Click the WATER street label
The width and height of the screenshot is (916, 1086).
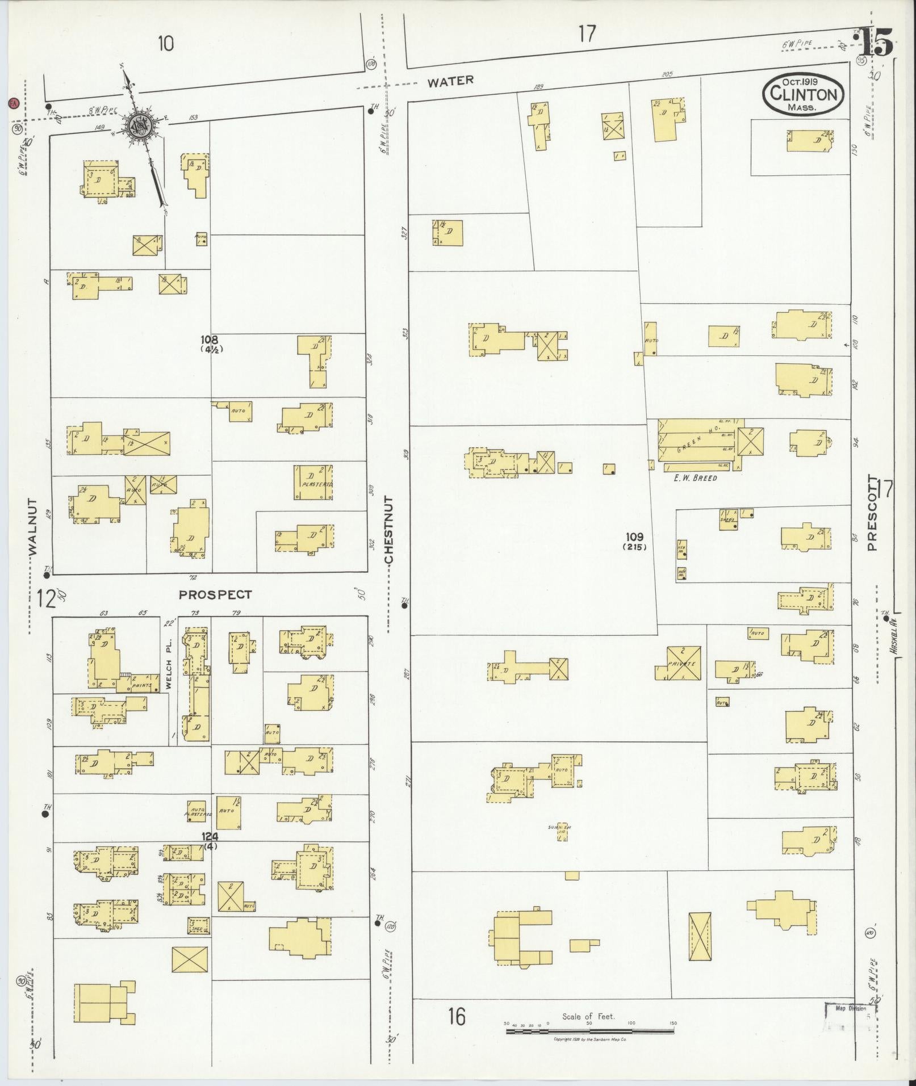pyautogui.click(x=450, y=81)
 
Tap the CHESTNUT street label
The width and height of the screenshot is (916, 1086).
pyautogui.click(x=388, y=530)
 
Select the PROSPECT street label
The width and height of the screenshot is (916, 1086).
pyautogui.click(x=215, y=594)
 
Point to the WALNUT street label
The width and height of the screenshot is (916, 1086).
pyautogui.click(x=33, y=527)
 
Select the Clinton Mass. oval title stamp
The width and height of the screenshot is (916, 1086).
pyautogui.click(x=803, y=94)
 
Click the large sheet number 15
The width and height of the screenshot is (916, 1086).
pyautogui.click(x=875, y=43)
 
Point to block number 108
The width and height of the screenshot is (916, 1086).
pyautogui.click(x=209, y=340)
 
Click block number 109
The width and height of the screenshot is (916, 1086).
pyautogui.click(x=634, y=536)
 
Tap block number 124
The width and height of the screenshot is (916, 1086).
pyautogui.click(x=209, y=836)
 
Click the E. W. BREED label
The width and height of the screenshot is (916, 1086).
pyautogui.click(x=695, y=477)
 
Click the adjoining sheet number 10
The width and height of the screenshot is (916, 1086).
pyautogui.click(x=166, y=43)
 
